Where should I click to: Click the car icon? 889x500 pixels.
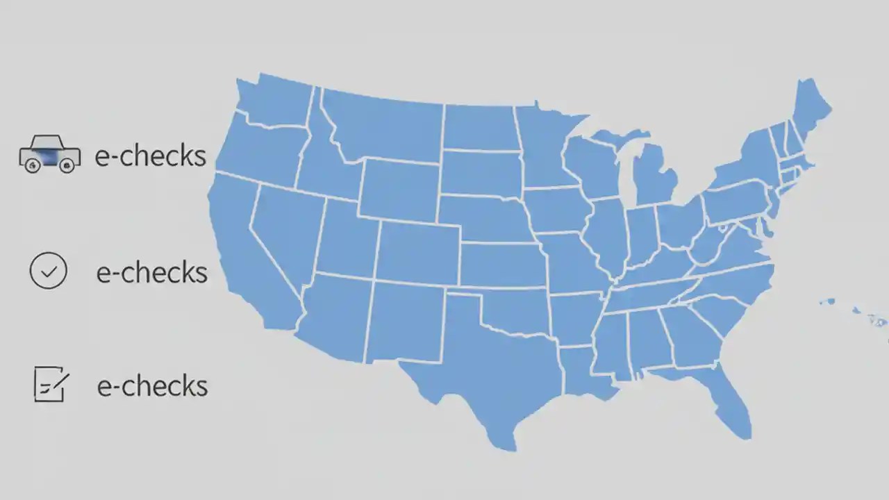coord(49,155)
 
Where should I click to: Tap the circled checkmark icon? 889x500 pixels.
coord(49,271)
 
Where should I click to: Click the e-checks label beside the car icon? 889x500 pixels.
coord(151,156)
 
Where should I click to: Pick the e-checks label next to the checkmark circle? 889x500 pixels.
coord(151,272)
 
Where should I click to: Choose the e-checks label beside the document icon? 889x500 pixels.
coord(152,385)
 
